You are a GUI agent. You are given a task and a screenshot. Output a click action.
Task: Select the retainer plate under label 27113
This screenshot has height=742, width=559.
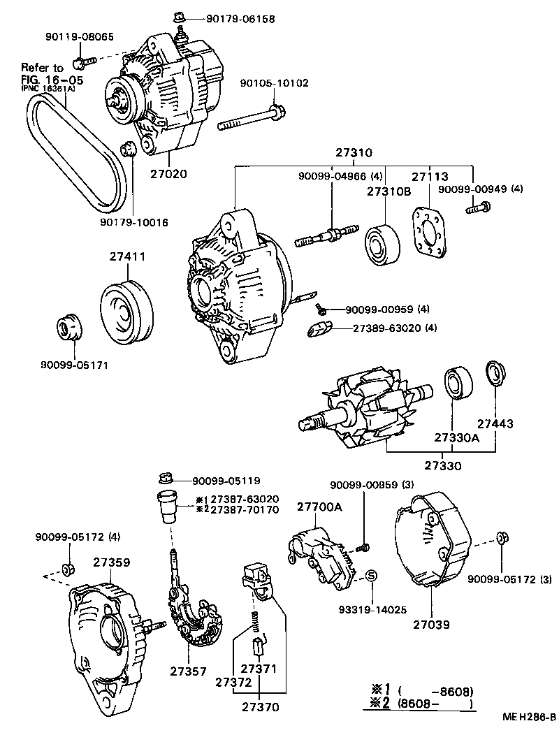tap(428, 231)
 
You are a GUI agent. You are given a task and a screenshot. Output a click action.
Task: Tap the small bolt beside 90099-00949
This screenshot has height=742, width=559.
tap(481, 206)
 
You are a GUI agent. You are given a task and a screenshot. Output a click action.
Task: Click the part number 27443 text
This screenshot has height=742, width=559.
tap(495, 424)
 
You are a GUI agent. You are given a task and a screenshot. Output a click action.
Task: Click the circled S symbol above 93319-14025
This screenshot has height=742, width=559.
tap(372, 575)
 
